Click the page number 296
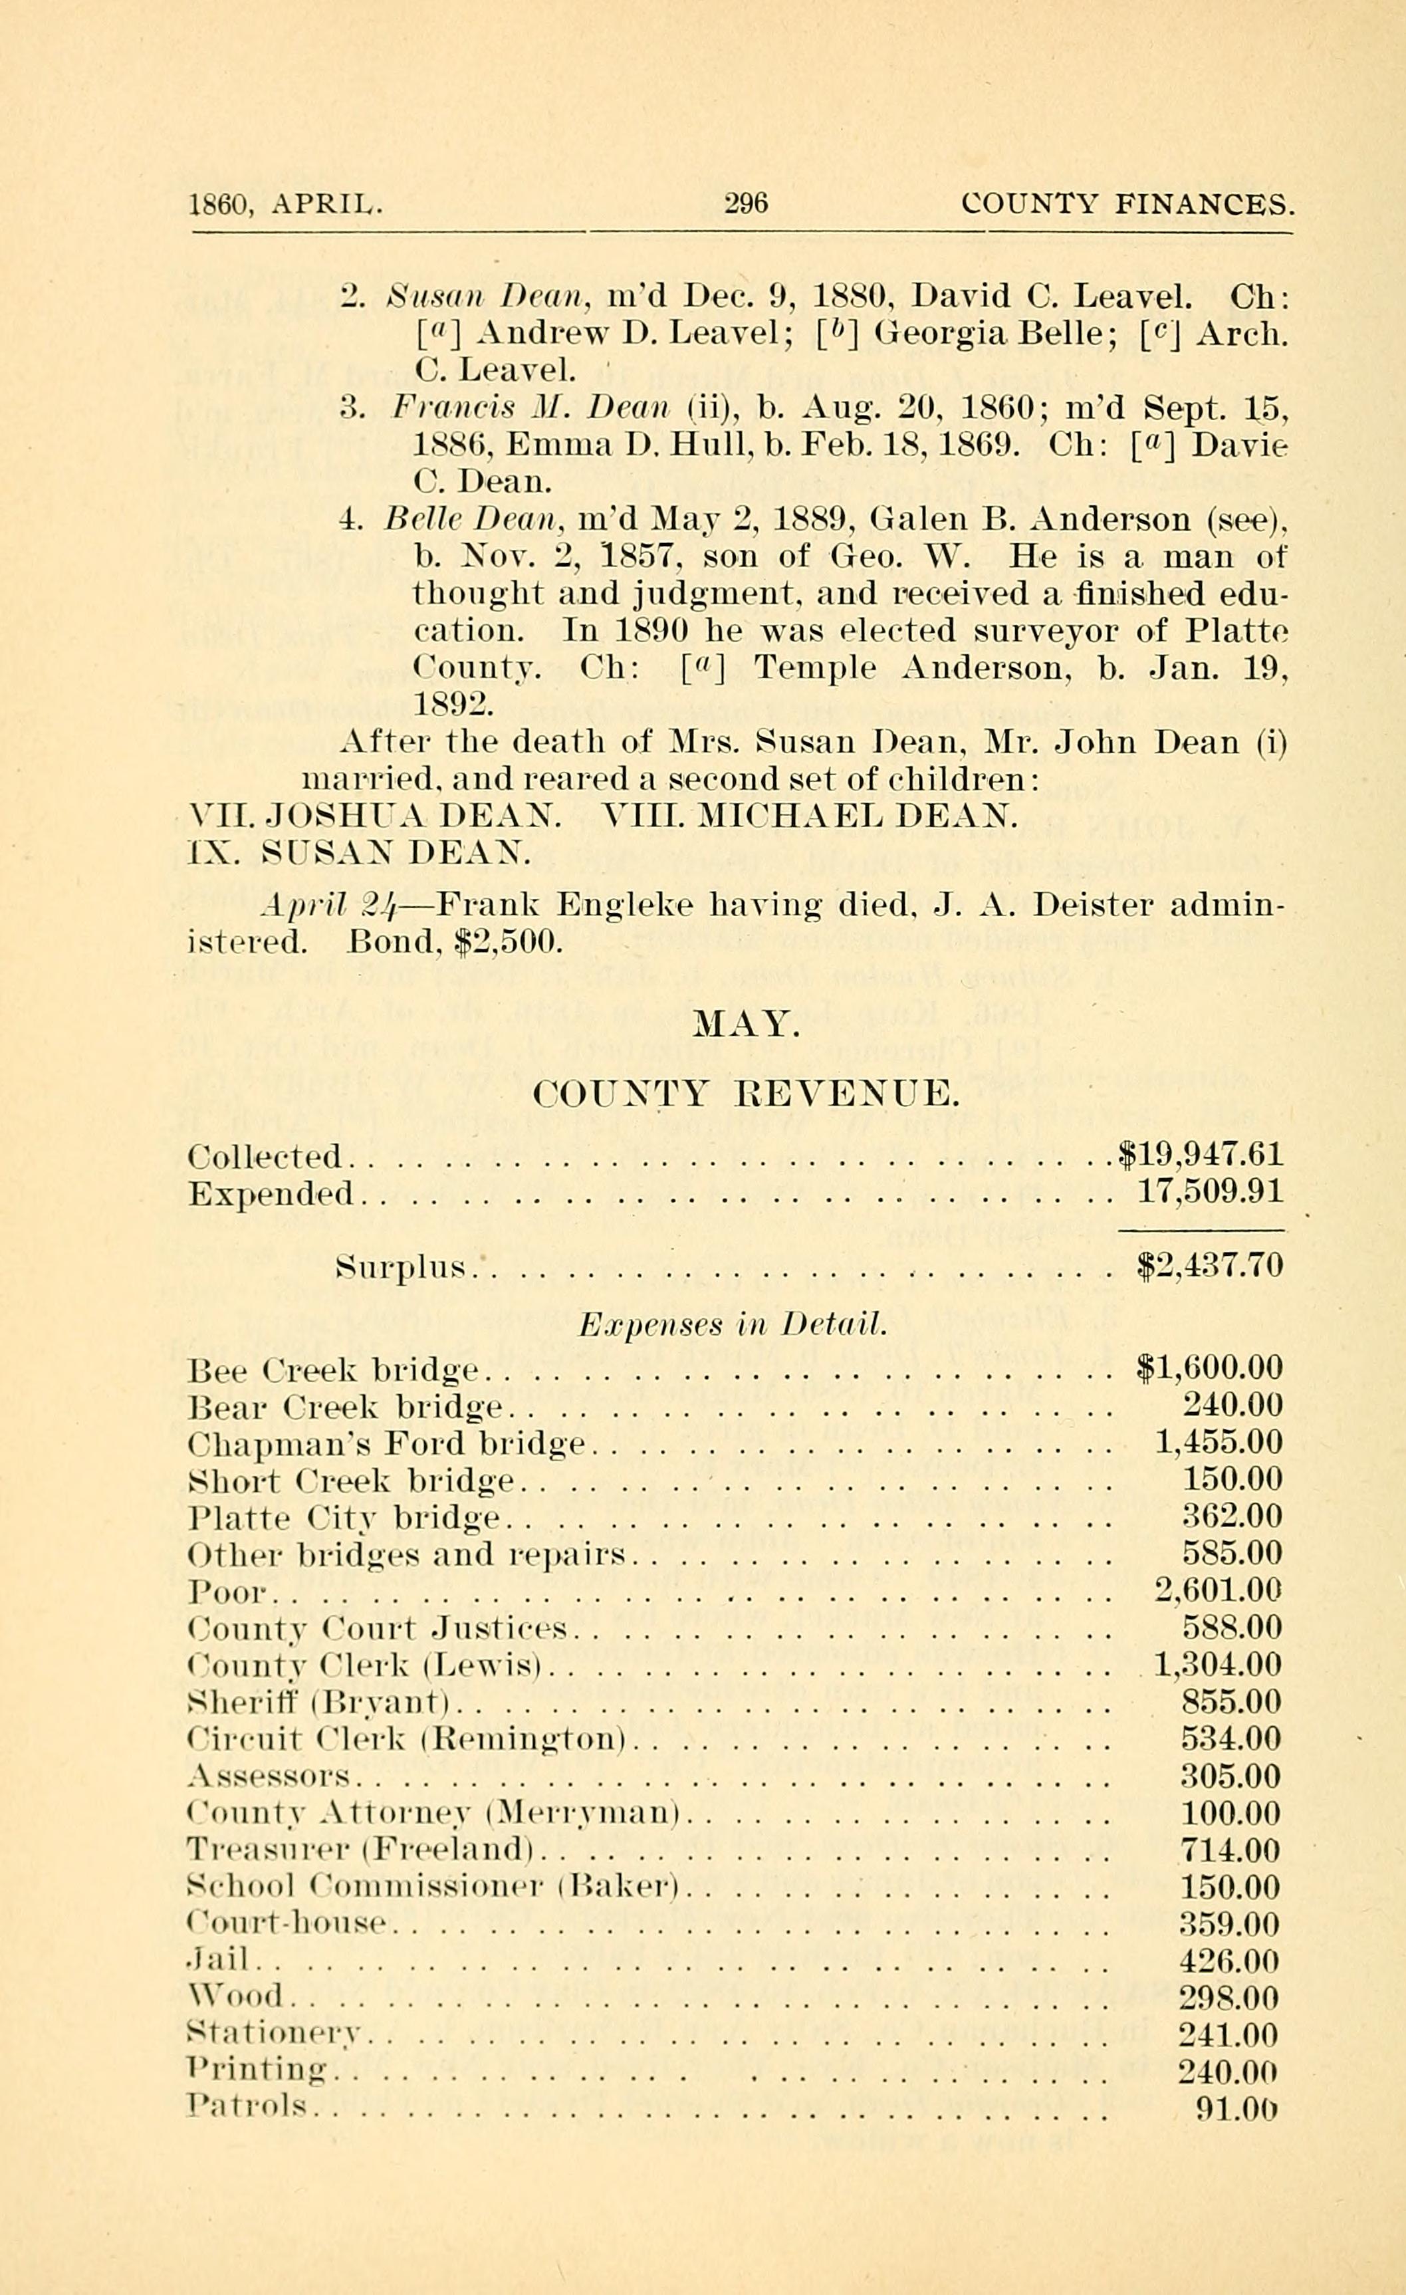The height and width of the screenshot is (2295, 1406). tap(746, 202)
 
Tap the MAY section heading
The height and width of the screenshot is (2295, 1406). tap(747, 1025)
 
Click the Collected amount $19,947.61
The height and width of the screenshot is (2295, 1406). tap(1200, 1156)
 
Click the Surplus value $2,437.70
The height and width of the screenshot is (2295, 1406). tap(1211, 1266)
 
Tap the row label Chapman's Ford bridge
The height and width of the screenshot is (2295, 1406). tap(386, 1444)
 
